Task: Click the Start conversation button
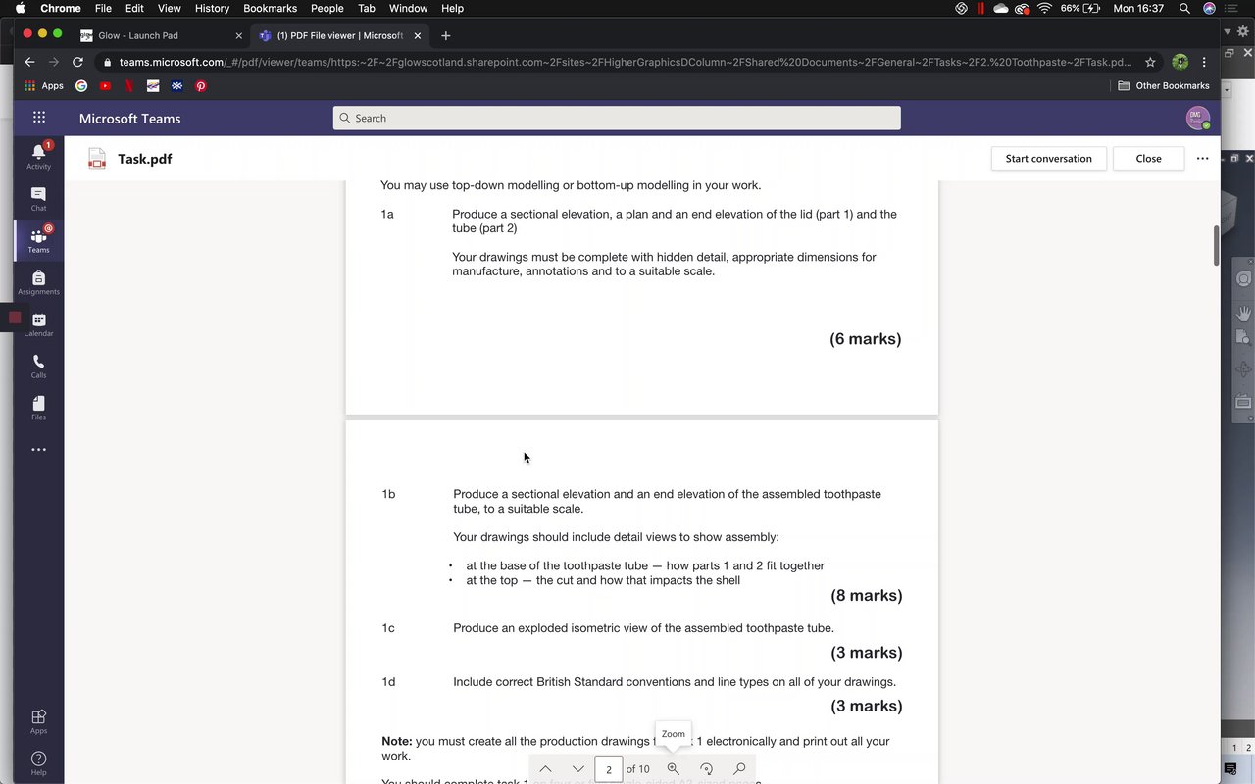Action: click(x=1048, y=159)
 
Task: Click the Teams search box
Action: click(x=616, y=118)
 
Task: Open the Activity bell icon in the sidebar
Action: click(x=38, y=152)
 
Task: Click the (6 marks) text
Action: click(x=865, y=339)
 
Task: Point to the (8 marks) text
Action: click(x=866, y=596)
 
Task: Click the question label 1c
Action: click(x=388, y=628)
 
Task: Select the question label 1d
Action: click(x=388, y=682)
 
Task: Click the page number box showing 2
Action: click(x=608, y=769)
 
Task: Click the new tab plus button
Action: click(x=446, y=35)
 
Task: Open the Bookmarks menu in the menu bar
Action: click(x=270, y=8)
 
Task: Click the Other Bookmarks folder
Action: click(x=1164, y=86)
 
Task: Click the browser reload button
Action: click(x=78, y=62)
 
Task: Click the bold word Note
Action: click(x=396, y=742)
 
